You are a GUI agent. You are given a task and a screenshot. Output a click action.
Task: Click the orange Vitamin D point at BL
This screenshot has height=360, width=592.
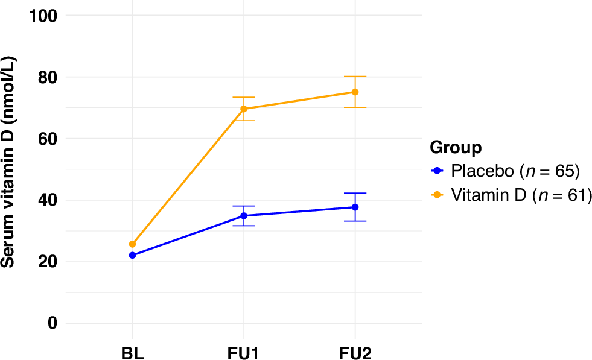coord(132,244)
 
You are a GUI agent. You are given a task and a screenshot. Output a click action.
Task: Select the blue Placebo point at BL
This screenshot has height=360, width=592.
coord(132,255)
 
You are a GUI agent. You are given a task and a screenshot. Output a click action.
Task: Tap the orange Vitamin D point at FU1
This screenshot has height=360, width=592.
coord(244,109)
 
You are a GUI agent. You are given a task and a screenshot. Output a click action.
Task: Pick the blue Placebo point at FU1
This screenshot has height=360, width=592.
coord(244,216)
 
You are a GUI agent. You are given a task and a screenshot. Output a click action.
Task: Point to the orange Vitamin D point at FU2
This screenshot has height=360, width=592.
coord(355,92)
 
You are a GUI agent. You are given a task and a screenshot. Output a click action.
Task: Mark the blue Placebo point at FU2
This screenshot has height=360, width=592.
coord(355,207)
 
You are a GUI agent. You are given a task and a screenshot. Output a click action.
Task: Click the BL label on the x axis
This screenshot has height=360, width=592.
coord(132,352)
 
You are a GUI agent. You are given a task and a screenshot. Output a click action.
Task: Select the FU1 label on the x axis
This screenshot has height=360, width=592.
coord(244,352)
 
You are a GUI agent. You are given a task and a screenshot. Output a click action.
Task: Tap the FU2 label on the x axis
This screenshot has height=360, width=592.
coord(355,352)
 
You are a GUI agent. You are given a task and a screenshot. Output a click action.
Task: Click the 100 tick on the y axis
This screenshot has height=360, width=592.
coord(43,16)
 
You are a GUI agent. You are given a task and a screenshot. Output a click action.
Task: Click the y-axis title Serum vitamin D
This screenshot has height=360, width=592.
coord(8,163)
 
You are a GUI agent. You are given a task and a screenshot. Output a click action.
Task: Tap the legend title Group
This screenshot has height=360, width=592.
coord(456,148)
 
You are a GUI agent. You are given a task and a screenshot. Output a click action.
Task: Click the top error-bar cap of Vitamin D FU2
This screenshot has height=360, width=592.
coord(355,77)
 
